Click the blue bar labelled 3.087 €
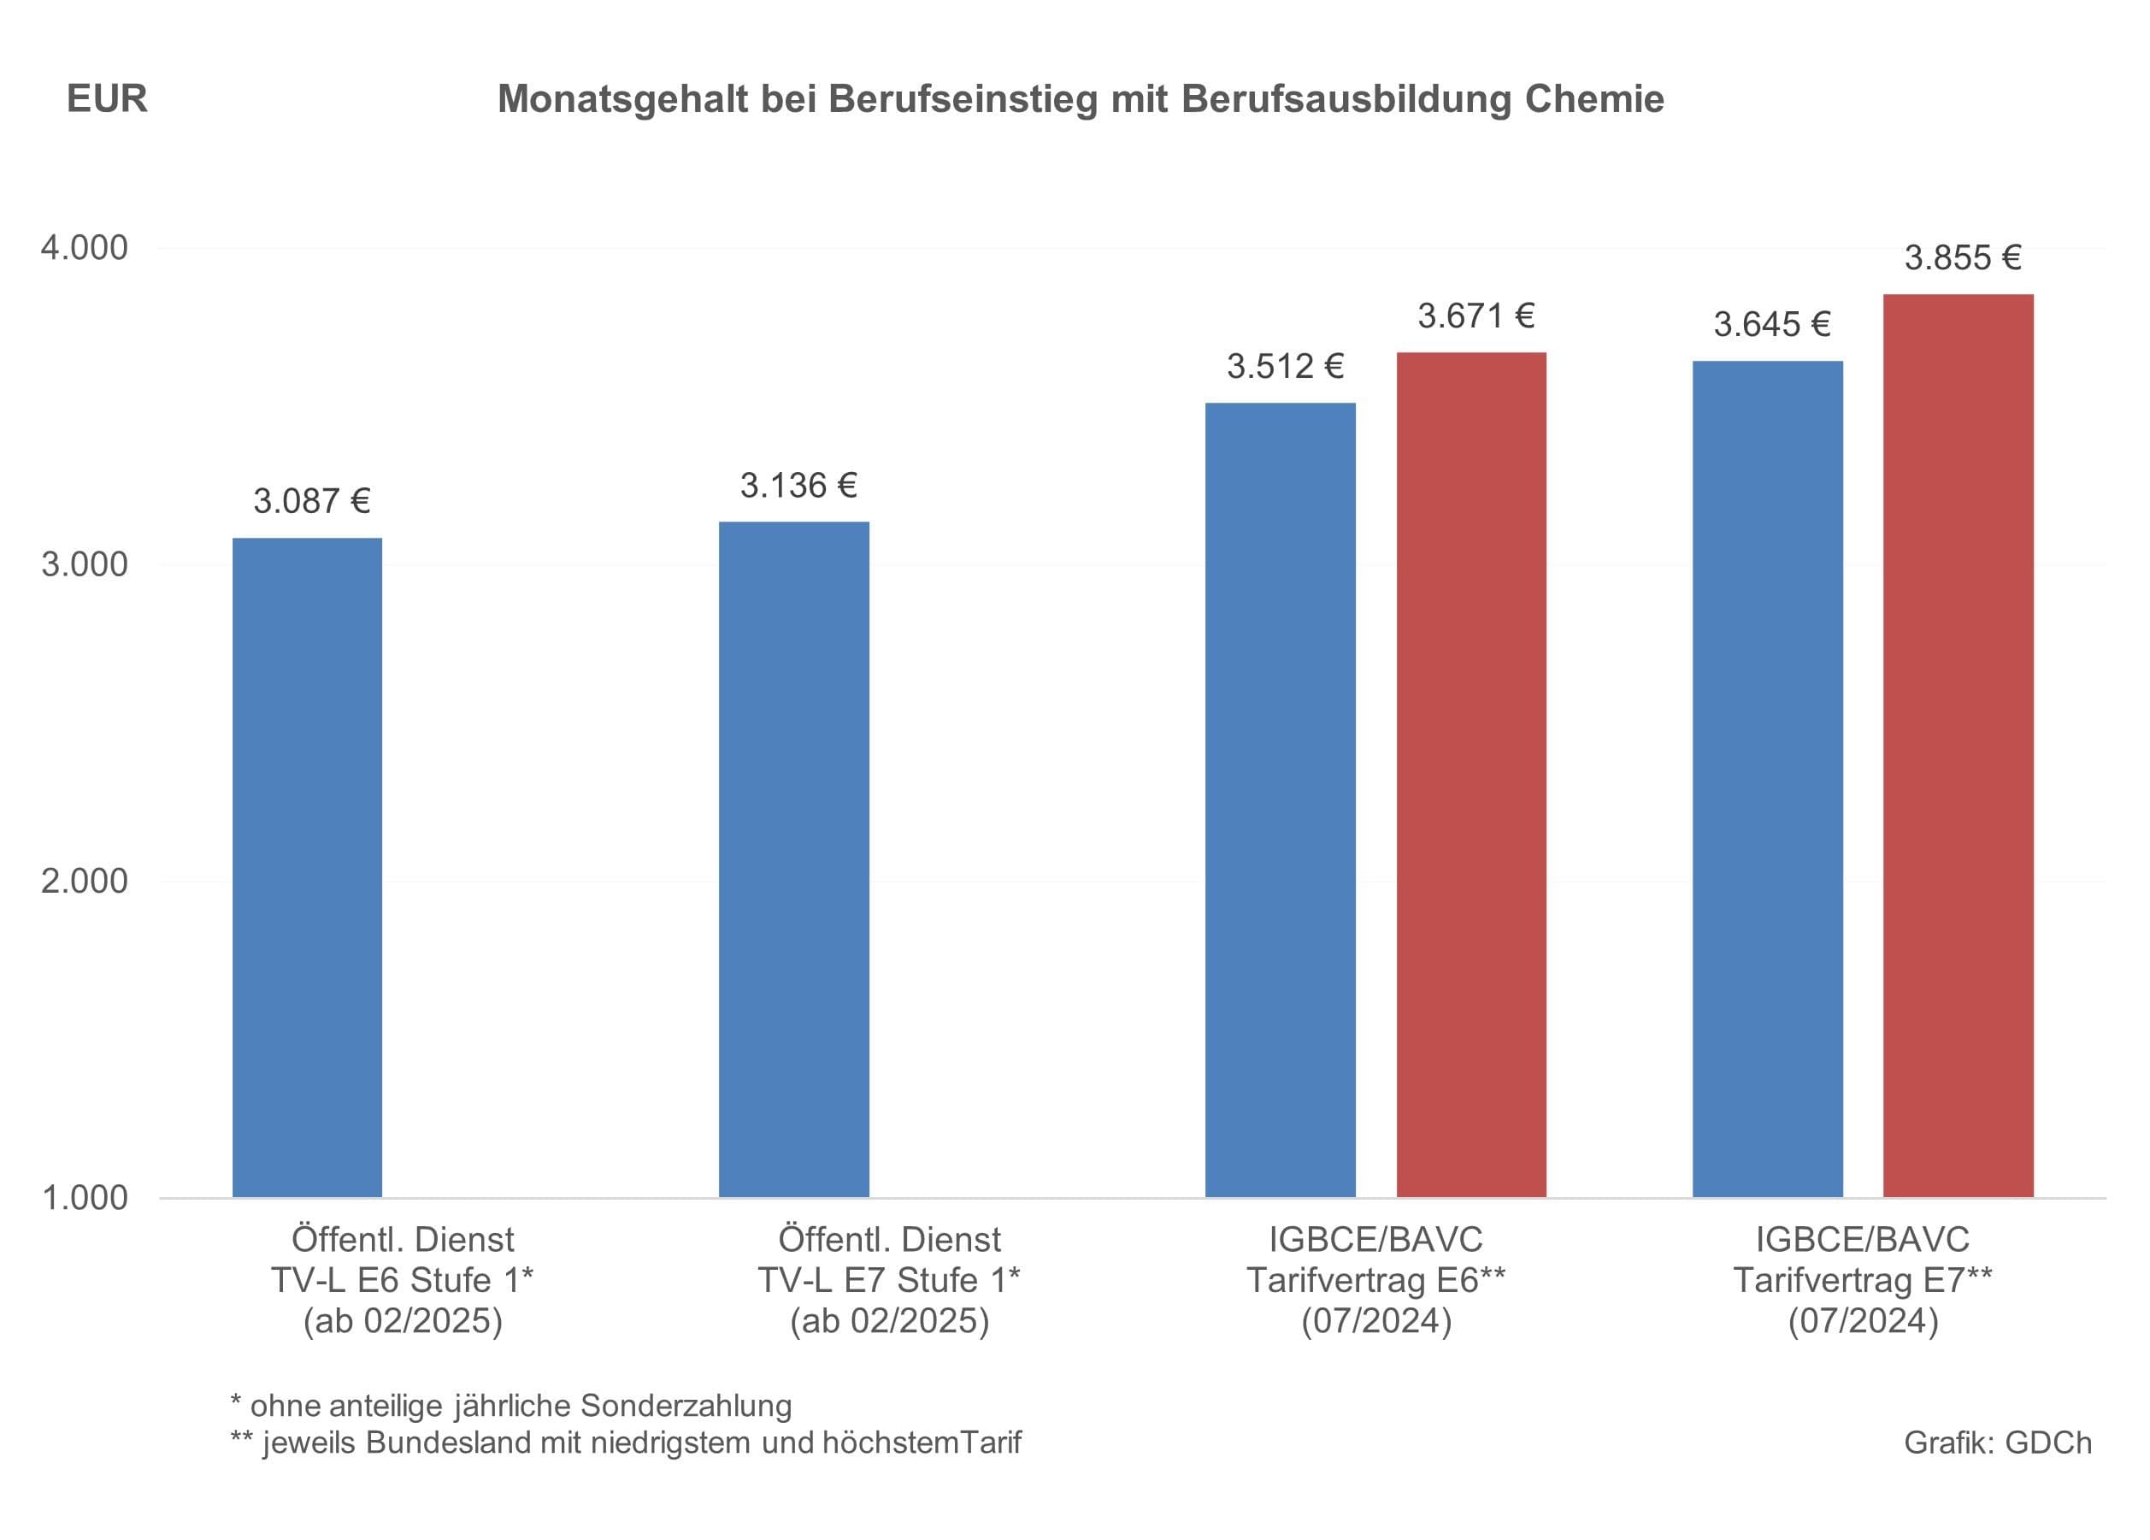coord(307,867)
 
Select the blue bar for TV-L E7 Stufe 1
coord(793,859)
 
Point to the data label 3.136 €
coord(798,486)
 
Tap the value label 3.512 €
coord(1286,366)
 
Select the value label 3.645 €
coord(1772,324)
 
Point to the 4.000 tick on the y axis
coord(84,247)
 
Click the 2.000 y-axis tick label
coord(84,881)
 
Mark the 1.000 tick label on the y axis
coord(84,1198)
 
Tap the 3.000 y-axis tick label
coord(84,564)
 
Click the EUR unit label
coord(107,98)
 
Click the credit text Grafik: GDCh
coord(1997,1443)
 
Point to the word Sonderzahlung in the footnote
coord(686,1406)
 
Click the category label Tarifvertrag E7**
coord(1863,1280)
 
